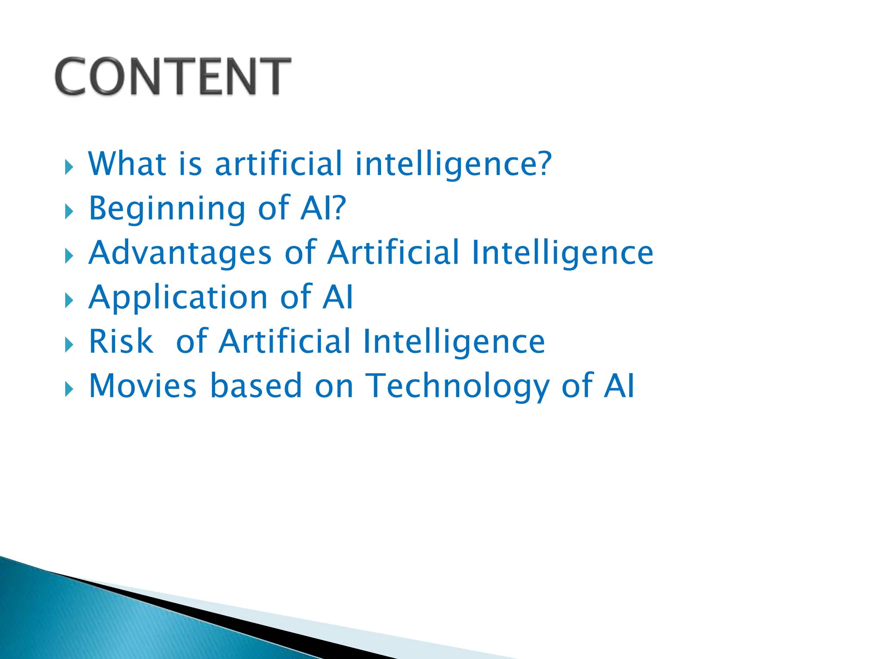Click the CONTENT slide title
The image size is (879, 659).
pyautogui.click(x=173, y=76)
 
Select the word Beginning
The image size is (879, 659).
pyautogui.click(x=167, y=209)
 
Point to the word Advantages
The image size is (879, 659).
pyautogui.click(x=180, y=253)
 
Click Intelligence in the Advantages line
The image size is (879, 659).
pyautogui.click(x=562, y=253)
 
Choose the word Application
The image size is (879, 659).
pyautogui.click(x=178, y=298)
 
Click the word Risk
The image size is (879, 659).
pyautogui.click(x=121, y=342)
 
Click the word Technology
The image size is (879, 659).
pyautogui.click(x=457, y=387)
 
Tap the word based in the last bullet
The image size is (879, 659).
pyautogui.click(x=256, y=386)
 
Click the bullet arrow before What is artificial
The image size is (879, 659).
pyautogui.click(x=69, y=167)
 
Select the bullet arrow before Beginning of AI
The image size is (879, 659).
pyautogui.click(x=69, y=212)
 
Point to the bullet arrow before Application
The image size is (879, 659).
pyautogui.click(x=69, y=300)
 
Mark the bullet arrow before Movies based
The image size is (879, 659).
pyautogui.click(x=69, y=389)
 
